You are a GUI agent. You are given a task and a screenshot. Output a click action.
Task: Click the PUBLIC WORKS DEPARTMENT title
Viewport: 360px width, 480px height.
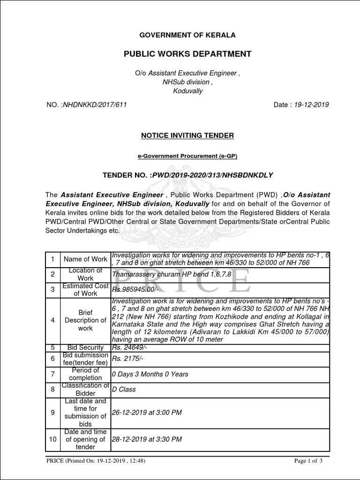[187, 54]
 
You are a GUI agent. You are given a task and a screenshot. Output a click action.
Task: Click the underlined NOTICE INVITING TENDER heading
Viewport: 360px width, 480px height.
[187, 135]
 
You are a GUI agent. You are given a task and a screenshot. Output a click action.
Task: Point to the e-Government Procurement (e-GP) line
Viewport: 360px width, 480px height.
[187, 156]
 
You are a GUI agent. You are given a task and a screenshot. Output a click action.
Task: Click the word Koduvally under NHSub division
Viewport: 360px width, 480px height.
[187, 91]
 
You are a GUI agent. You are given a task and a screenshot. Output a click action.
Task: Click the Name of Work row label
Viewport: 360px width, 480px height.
[85, 259]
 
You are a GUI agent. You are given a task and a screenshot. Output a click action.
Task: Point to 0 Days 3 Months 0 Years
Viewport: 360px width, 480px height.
[150, 374]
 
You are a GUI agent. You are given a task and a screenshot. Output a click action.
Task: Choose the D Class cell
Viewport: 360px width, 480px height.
[124, 390]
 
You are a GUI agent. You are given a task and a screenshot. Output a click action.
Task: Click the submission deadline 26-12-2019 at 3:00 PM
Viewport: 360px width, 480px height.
[146, 412]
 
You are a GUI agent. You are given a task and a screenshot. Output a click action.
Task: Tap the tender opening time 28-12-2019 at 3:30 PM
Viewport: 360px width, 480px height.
[146, 440]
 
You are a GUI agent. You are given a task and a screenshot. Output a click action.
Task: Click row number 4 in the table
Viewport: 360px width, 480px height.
[53, 320]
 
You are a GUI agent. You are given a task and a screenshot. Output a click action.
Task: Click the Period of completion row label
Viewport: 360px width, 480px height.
[85, 374]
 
